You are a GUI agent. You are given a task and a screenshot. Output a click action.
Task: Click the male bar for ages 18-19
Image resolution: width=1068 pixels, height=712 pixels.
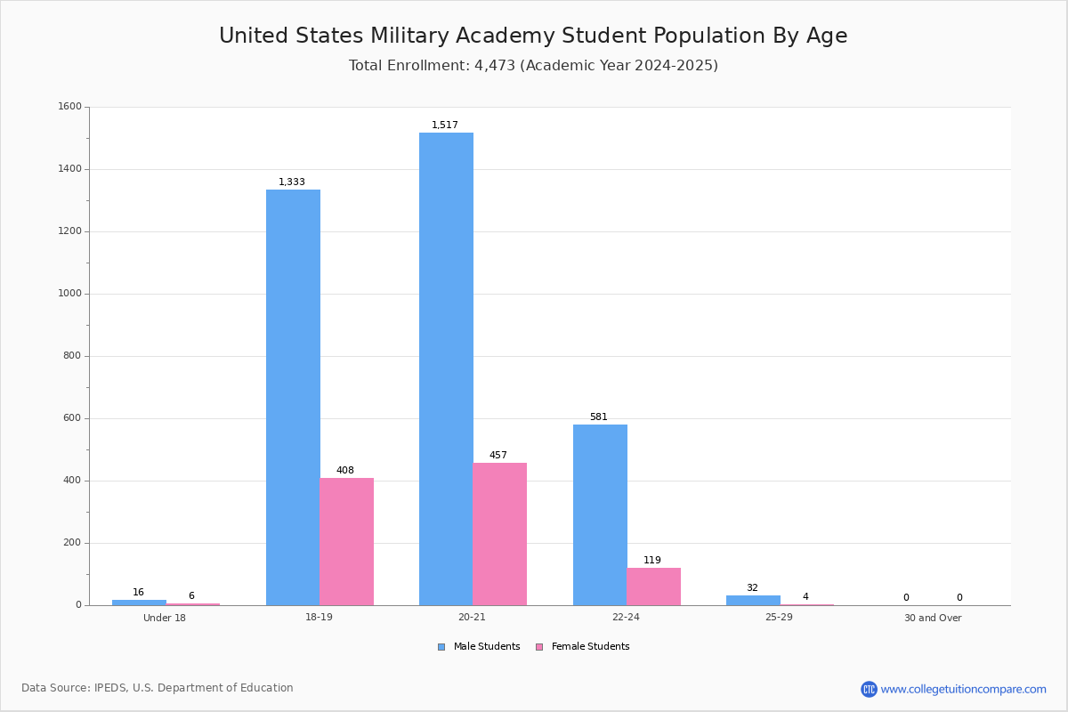[293, 397]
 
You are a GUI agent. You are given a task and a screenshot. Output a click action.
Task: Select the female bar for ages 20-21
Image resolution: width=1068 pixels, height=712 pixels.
[499, 534]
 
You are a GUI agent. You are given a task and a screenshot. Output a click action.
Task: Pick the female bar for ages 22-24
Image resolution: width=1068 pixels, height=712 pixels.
[653, 587]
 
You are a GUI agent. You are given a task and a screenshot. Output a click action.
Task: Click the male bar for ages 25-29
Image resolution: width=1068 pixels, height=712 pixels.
[753, 601]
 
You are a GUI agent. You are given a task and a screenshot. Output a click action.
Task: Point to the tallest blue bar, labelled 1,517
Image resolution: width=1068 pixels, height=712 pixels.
[446, 368]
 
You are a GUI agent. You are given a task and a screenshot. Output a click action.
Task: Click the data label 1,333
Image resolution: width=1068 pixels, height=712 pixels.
[292, 182]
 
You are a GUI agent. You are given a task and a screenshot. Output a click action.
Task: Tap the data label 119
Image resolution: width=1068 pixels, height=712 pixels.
[652, 561]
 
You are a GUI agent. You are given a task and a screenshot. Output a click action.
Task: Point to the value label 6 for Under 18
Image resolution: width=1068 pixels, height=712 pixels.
[191, 596]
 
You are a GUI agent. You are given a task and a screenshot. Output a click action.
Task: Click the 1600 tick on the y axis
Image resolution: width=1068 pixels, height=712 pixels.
[69, 107]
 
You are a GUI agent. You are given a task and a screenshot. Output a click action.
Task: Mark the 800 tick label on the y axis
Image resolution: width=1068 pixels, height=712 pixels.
[72, 356]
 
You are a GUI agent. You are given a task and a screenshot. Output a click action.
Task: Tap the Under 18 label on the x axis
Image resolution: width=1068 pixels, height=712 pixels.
[165, 619]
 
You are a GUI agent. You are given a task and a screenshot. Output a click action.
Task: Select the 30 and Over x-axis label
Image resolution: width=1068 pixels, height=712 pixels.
[933, 619]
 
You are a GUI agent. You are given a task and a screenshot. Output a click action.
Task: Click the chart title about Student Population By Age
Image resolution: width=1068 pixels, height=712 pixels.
[533, 36]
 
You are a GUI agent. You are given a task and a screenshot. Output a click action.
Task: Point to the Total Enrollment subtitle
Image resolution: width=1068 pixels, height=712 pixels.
[533, 66]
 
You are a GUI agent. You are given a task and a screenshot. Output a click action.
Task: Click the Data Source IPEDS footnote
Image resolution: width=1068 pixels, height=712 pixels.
[158, 688]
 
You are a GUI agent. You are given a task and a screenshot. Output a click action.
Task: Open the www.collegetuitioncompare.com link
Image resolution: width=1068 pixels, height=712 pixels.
[963, 689]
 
